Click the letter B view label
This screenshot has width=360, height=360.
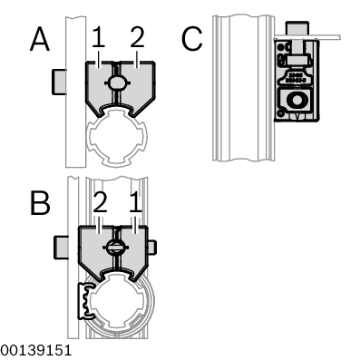tap(40, 202)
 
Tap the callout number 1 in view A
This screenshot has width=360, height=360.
tap(99, 37)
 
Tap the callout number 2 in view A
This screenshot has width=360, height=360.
tap(137, 37)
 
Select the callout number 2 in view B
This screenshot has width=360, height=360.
tap(100, 201)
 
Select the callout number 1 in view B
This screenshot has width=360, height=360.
tap(136, 201)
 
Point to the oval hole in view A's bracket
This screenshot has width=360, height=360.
tap(119, 83)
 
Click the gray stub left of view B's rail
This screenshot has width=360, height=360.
tap(63, 245)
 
